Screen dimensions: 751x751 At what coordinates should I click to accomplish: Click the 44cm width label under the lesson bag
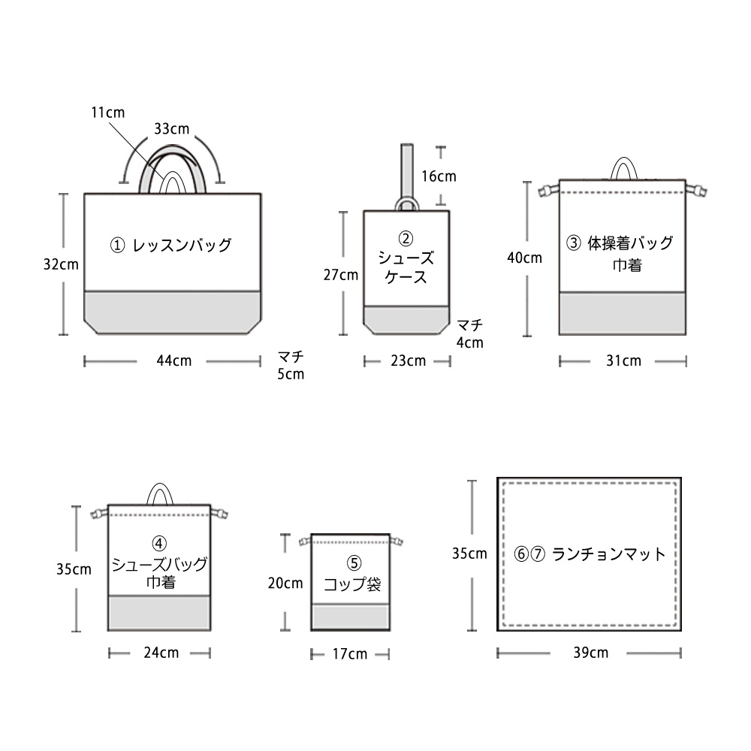[x=173, y=361]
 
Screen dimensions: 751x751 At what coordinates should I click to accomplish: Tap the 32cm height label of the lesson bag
[x=61, y=264]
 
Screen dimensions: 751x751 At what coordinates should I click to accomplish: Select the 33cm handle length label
[x=171, y=128]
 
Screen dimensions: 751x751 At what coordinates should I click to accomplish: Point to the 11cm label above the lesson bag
[x=107, y=113]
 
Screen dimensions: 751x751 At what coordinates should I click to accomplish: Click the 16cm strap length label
[x=439, y=177]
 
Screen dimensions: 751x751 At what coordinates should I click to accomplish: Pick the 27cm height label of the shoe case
[x=340, y=275]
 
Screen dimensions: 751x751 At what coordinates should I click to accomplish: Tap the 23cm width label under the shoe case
[x=408, y=361]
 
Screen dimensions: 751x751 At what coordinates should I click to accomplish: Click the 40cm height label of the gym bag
[x=524, y=258]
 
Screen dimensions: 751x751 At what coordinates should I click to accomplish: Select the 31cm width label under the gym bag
[x=623, y=361]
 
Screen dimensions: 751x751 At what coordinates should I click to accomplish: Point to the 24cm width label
[x=161, y=653]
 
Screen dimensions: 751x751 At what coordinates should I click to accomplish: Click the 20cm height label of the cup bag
[x=285, y=583]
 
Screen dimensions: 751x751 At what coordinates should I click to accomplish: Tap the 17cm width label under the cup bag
[x=349, y=654]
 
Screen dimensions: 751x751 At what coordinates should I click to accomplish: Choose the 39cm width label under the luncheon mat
[x=590, y=653]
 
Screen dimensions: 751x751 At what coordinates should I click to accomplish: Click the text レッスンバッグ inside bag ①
[x=181, y=245]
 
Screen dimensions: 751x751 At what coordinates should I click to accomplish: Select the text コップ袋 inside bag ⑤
[x=352, y=584]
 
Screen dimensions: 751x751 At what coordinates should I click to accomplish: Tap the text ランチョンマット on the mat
[x=608, y=555]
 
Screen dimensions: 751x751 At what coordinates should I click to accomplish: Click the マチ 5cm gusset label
[x=291, y=365]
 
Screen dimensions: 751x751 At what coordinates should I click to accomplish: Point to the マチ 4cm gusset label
[x=470, y=333]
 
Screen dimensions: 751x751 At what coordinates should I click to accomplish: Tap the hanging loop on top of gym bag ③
[x=623, y=168]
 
